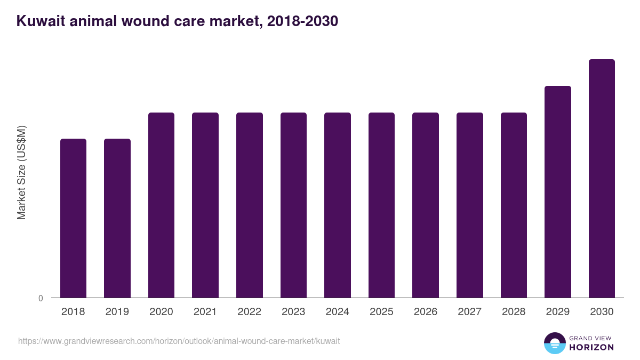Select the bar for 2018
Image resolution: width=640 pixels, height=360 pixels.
tap(73, 218)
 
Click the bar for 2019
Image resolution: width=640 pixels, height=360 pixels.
tap(117, 218)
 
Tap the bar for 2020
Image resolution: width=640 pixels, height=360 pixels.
tap(161, 205)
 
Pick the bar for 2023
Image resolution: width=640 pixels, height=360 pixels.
tap(293, 205)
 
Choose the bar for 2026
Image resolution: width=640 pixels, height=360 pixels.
tap(426, 205)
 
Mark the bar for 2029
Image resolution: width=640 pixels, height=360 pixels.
tap(557, 192)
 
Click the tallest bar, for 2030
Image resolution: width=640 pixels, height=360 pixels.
tap(602, 179)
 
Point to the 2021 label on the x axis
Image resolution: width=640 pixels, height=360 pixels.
tap(205, 312)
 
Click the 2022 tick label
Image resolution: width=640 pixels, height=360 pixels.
tap(250, 312)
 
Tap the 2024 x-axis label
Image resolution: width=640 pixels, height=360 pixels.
tap(338, 312)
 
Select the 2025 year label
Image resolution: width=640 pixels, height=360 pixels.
tap(381, 312)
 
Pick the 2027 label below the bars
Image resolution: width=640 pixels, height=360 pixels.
tap(469, 312)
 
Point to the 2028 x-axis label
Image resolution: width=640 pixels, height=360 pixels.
tap(514, 312)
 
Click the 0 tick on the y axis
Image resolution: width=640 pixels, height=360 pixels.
tap(41, 299)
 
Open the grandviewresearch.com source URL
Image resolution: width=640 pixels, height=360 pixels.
tap(179, 341)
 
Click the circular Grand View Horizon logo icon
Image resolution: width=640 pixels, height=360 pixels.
tap(554, 343)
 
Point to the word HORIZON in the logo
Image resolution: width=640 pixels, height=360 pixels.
tap(591, 347)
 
